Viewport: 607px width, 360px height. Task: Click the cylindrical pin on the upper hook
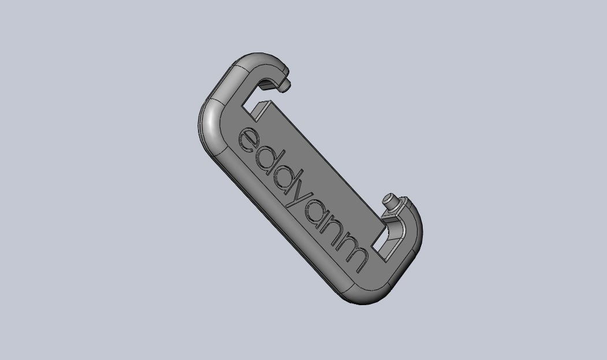tap(285, 86)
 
